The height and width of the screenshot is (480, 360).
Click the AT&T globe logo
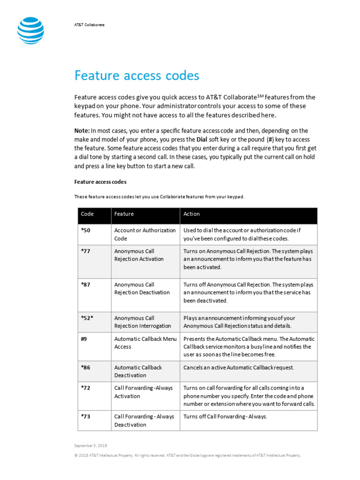coord(31,31)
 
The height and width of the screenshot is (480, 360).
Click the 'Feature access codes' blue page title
coord(137,75)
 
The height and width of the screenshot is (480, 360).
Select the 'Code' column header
coord(87,214)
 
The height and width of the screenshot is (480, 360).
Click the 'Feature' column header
coord(124,214)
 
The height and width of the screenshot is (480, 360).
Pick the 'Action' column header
coord(192,214)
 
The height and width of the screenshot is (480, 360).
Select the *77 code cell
coord(85,251)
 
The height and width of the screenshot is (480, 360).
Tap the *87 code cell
coord(85,285)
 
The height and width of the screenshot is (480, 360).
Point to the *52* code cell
coord(87,318)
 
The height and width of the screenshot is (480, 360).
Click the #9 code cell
coord(84,339)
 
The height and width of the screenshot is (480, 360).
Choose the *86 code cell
coord(85,367)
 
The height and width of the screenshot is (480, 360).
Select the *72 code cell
coord(85,388)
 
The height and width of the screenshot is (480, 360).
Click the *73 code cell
coord(85,417)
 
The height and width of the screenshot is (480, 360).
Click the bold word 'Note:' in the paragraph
coord(82,131)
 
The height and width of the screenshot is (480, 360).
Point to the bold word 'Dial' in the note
coord(189,140)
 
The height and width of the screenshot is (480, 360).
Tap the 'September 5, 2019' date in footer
coord(90,445)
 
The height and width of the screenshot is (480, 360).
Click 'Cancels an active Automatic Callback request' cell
coord(239,367)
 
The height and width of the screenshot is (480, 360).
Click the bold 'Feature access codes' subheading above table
coord(100,181)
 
